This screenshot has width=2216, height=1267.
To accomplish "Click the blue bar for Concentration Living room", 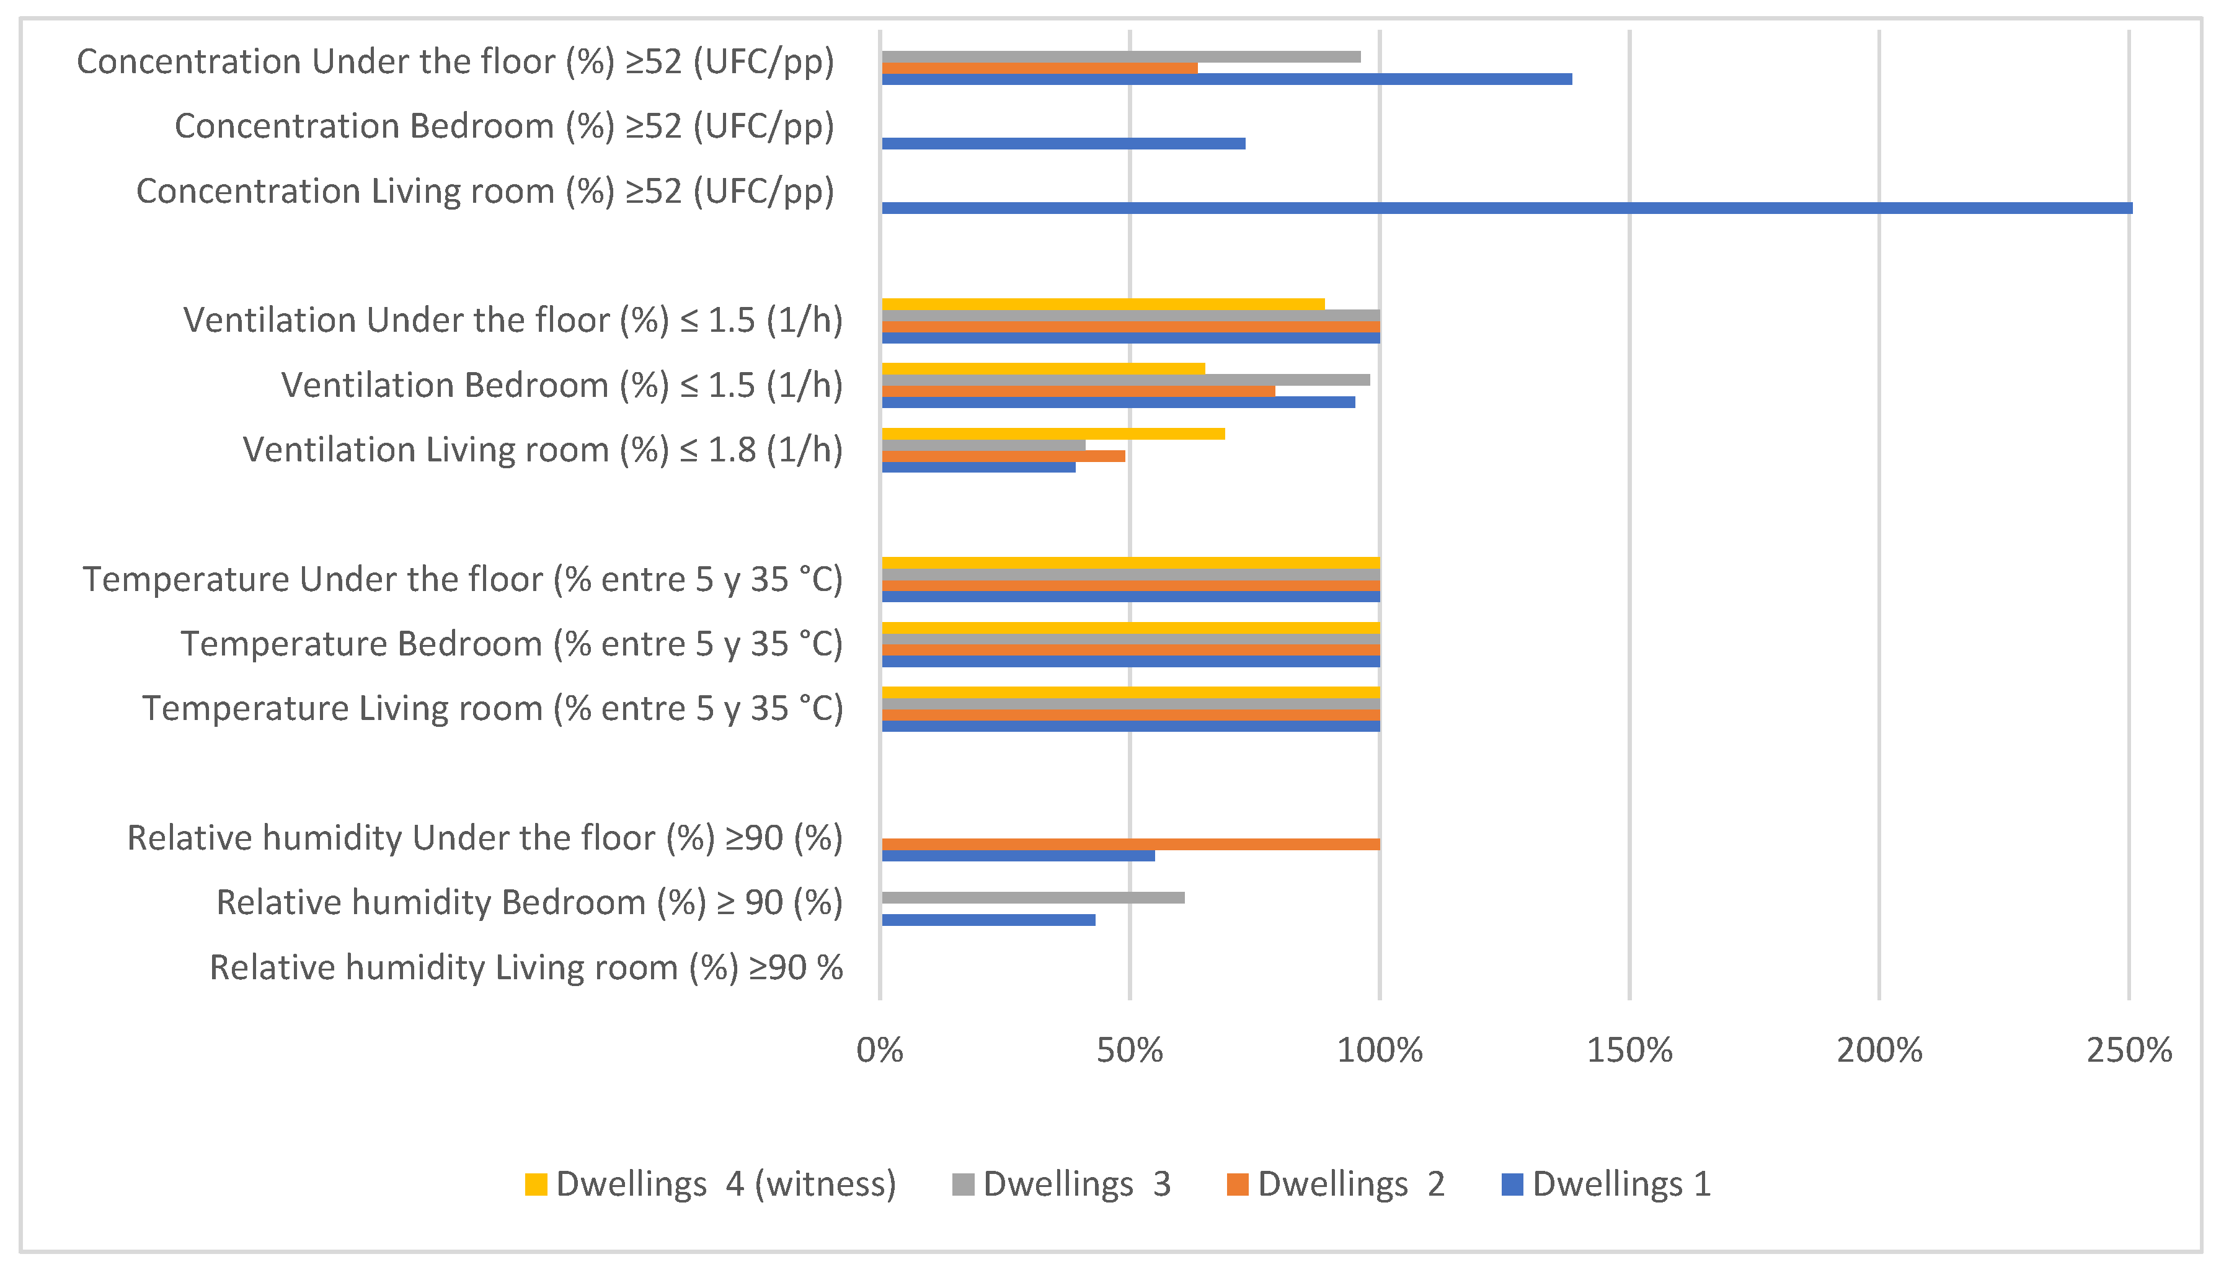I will click(x=1505, y=208).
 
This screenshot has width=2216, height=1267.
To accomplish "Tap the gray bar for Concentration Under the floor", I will click(x=1120, y=56).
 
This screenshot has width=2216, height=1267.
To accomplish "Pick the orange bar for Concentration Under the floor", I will click(x=1040, y=68).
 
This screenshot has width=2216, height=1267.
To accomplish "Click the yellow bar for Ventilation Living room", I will click(x=1053, y=433).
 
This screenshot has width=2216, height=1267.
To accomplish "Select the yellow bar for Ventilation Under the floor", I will click(x=1102, y=304).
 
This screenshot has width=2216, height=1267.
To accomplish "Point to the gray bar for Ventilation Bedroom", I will click(x=1125, y=380).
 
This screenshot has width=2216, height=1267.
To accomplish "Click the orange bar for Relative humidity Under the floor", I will click(x=1130, y=844).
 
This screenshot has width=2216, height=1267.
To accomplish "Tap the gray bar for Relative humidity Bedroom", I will click(x=1033, y=897).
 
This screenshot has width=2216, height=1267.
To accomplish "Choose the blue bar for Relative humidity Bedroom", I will click(x=988, y=920).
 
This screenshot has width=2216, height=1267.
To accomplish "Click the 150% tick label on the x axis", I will click(x=1629, y=1051).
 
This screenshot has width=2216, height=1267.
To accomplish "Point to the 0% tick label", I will click(x=880, y=1051).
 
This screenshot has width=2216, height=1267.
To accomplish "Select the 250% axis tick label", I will click(x=2128, y=1051).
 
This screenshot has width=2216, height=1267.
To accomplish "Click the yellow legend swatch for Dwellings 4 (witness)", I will click(x=536, y=1185).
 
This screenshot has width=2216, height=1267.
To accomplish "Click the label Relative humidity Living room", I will click(x=526, y=967).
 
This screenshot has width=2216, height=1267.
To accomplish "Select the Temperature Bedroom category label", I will click(x=511, y=644).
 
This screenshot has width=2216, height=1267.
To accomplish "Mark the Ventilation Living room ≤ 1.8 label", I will click(x=542, y=450).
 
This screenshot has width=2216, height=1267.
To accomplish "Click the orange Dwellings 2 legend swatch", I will click(x=1237, y=1185).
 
